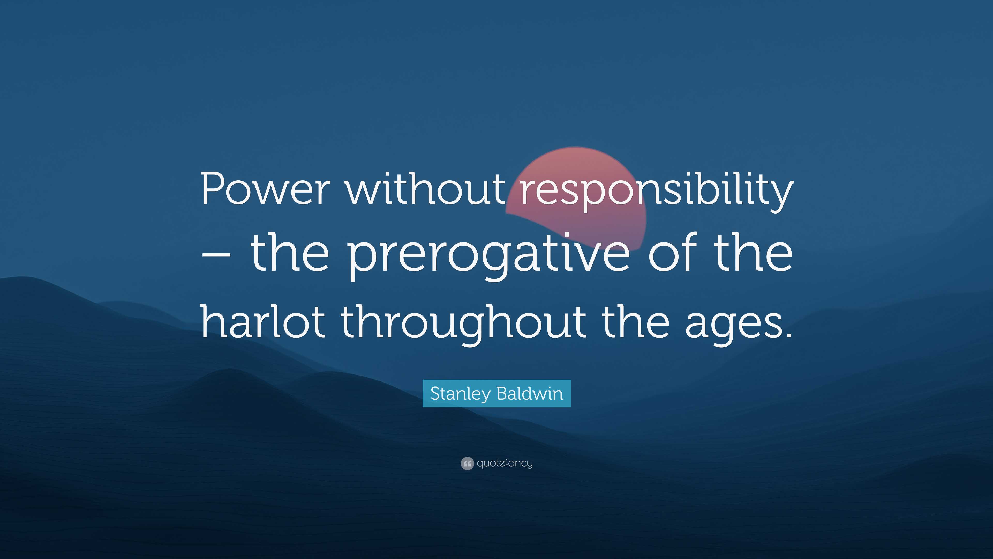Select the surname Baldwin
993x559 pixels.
click(530, 393)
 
